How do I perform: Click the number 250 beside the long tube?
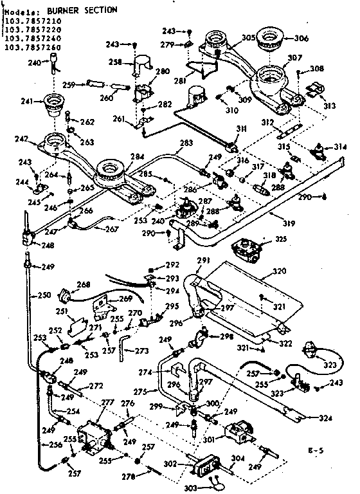[x=43, y=295]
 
